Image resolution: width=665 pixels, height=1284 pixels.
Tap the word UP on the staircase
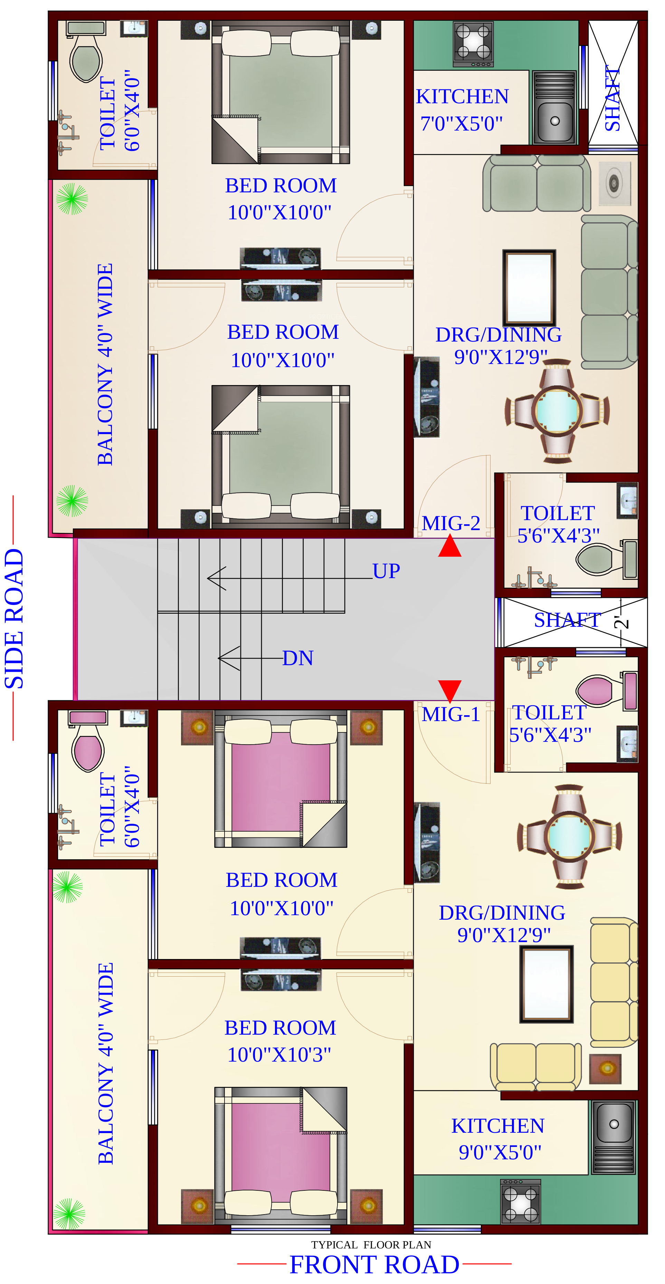[x=386, y=571]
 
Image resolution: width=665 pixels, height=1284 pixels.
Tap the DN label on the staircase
[x=297, y=658]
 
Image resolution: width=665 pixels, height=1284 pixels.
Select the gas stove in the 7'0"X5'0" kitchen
[x=473, y=44]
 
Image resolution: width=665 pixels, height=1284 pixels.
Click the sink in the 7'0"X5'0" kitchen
[x=554, y=107]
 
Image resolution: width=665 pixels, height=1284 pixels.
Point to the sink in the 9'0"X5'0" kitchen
[x=614, y=1138]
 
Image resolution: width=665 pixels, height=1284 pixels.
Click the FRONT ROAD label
[x=374, y=1265]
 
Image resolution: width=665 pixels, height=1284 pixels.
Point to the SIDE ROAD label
[x=14, y=619]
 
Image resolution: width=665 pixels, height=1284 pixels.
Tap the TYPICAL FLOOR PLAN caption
[x=371, y=1245]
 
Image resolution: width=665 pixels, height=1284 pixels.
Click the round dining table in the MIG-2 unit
[x=557, y=410]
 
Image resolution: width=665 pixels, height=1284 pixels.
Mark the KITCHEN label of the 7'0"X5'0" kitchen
[x=462, y=97]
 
